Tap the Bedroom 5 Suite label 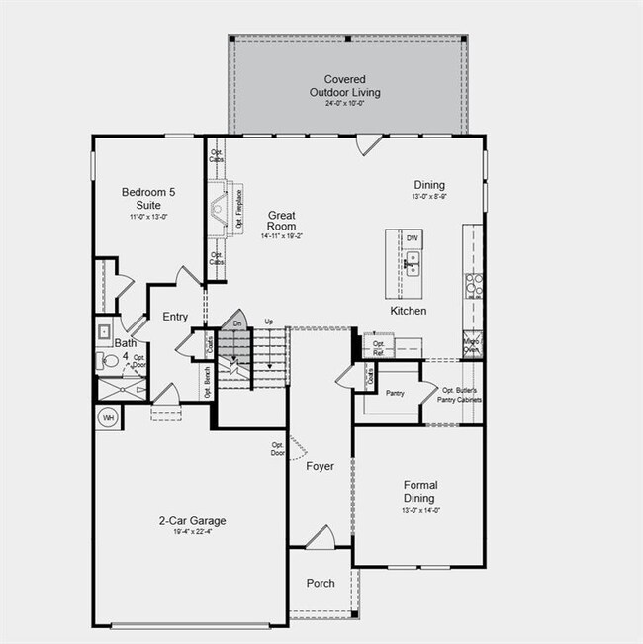pos(145,198)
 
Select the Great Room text pos(282,220)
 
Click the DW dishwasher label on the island pos(412,238)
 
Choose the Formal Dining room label pos(419,492)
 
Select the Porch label pos(320,583)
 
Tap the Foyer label pos(320,466)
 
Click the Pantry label pos(395,393)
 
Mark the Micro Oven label pos(473,345)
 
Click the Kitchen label pos(408,311)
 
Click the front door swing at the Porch pos(320,539)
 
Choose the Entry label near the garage pos(175,317)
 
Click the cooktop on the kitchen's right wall pos(473,285)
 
